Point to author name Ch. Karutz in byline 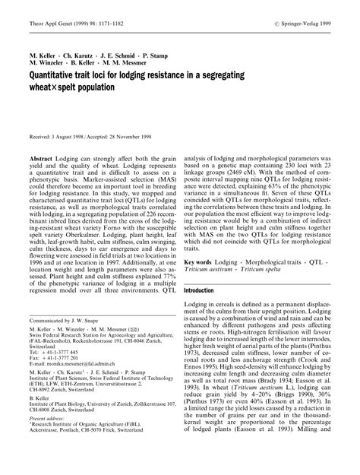[x=77, y=56]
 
